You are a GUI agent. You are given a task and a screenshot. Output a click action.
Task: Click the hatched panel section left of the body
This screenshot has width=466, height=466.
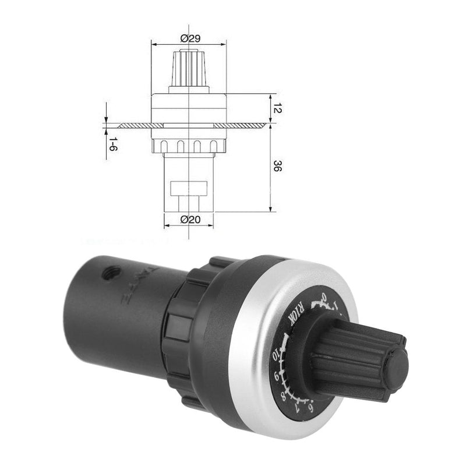133,125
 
